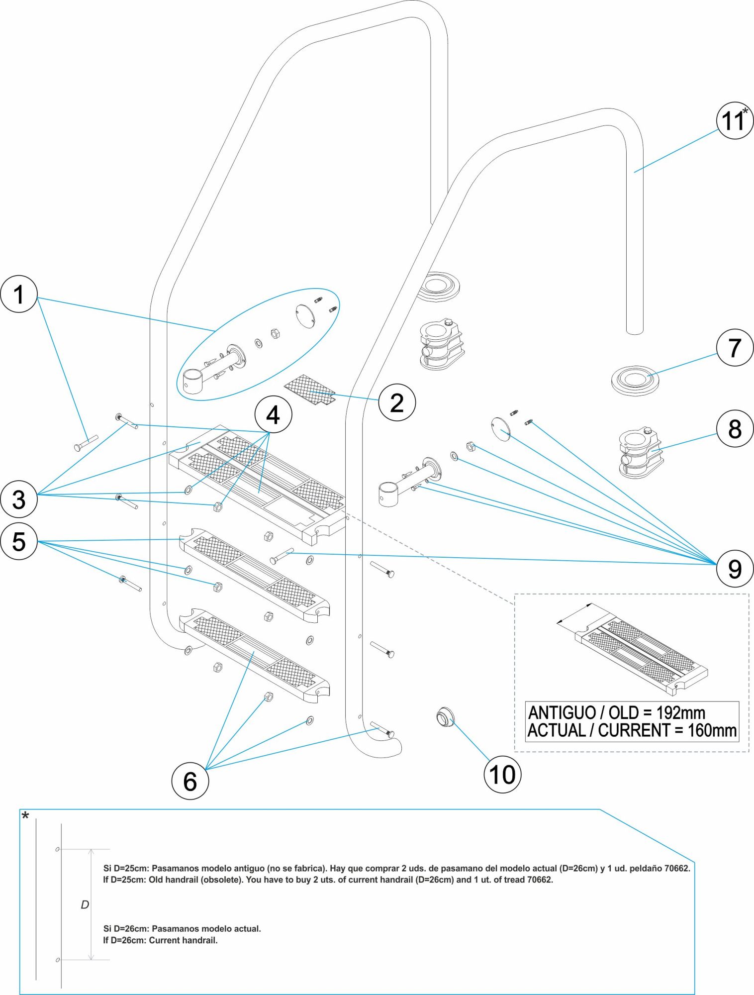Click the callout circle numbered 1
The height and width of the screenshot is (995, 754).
(19, 294)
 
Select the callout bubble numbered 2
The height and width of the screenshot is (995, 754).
(397, 402)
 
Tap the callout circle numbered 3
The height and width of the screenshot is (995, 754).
(19, 499)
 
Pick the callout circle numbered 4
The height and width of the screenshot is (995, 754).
(273, 415)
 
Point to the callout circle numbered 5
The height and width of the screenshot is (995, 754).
(19, 541)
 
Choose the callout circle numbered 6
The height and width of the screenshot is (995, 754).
(190, 781)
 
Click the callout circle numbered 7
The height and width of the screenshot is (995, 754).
(735, 348)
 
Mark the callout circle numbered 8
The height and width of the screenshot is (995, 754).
(735, 429)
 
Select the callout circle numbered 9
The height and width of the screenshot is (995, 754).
(735, 569)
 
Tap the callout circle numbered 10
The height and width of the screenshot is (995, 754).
(502, 775)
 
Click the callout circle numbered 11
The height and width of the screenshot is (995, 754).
(734, 120)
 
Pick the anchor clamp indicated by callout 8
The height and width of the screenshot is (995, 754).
(641, 454)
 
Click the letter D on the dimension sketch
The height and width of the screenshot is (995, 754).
(85, 904)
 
